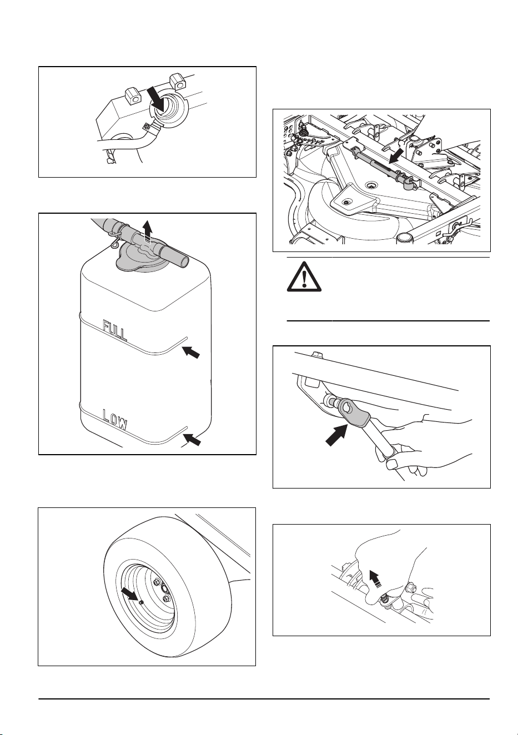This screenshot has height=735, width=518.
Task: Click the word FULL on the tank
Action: [114, 330]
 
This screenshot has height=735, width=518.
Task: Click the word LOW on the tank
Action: [114, 420]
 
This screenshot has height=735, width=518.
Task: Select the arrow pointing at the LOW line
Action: [192, 440]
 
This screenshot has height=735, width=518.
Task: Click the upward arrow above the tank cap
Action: [148, 231]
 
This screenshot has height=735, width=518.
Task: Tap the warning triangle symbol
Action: [304, 276]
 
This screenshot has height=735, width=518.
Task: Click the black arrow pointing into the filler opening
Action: [156, 98]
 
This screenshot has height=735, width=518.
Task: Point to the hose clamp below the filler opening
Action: [151, 128]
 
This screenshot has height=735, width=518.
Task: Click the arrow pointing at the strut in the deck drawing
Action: [396, 155]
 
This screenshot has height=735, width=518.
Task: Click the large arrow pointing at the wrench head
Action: [336, 435]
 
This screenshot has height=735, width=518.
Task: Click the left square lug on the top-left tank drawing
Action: [133, 97]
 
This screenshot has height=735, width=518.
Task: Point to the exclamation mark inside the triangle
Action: [304, 279]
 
